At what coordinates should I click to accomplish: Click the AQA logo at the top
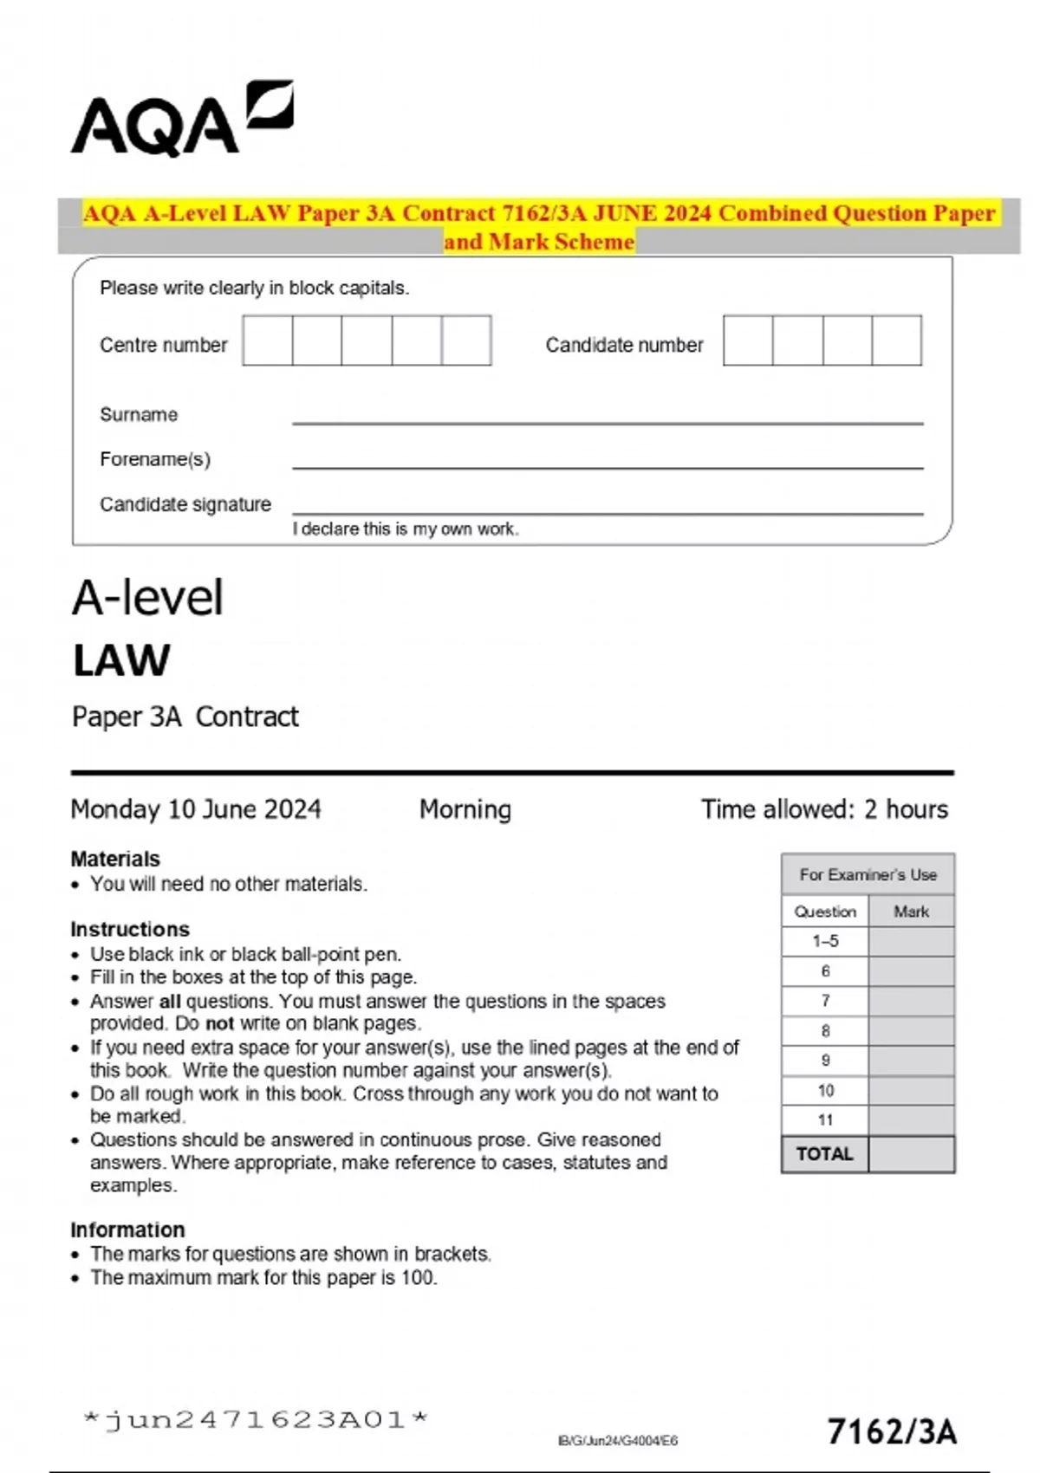[182, 120]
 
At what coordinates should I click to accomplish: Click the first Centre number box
[268, 341]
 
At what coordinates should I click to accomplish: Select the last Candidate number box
[896, 341]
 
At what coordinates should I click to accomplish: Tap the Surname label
[139, 415]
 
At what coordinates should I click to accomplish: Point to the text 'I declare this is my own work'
[406, 529]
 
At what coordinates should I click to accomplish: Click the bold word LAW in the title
[121, 661]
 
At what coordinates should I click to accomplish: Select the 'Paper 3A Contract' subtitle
[185, 717]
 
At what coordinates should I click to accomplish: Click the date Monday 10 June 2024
[196, 809]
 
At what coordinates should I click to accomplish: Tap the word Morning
[465, 809]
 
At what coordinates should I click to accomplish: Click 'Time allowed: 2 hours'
[824, 809]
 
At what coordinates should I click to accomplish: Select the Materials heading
[115, 859]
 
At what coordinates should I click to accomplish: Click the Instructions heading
[130, 929]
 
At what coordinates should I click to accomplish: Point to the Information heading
[127, 1230]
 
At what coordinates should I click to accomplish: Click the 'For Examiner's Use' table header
[868, 874]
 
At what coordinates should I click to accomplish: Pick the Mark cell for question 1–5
[911, 942]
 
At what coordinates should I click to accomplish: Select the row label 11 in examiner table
[825, 1120]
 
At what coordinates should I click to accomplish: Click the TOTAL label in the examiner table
[824, 1154]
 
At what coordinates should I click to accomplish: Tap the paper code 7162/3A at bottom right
[892, 1432]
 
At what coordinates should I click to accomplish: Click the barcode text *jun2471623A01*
[256, 1419]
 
